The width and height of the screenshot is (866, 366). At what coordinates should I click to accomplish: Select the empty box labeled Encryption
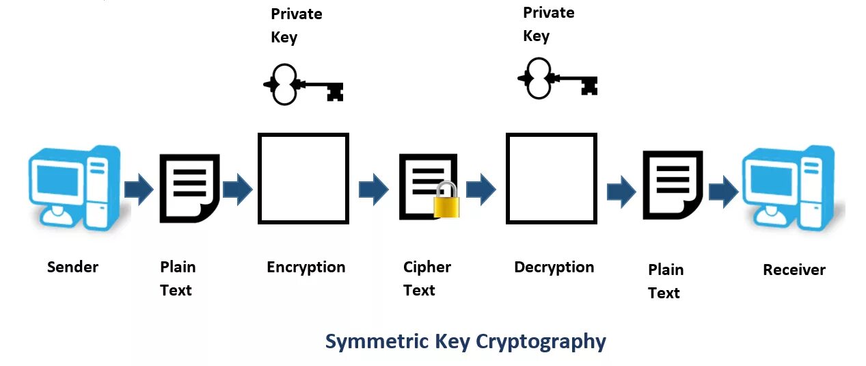[303, 178]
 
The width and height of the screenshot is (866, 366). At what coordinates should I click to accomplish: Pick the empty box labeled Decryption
[551, 178]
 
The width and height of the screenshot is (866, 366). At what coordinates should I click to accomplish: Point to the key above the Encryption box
[303, 85]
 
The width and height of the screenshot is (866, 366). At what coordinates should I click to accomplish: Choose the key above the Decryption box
[557, 78]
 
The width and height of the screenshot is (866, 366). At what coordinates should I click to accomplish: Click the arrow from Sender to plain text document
[139, 189]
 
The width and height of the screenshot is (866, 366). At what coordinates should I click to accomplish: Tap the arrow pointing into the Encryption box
[237, 189]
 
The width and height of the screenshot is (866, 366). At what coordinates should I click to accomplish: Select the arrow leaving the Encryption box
[373, 189]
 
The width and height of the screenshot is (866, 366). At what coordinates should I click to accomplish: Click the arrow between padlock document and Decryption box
[481, 189]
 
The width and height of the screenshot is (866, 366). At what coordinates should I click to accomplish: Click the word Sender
[72, 267]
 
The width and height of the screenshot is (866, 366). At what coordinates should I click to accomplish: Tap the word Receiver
[794, 270]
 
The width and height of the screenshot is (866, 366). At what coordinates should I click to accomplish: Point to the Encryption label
[306, 267]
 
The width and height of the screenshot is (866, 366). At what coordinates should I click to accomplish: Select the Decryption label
[554, 267]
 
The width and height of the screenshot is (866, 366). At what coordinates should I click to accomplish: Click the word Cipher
[427, 267]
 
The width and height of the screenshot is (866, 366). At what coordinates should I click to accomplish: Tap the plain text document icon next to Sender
[189, 188]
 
